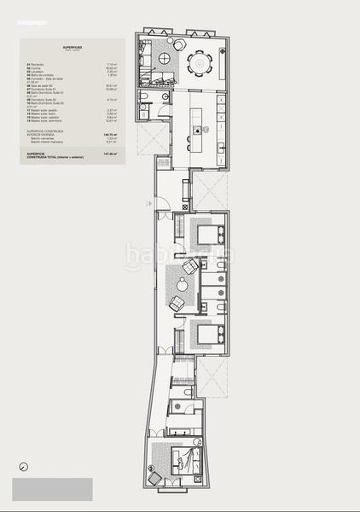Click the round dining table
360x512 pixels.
tap(201, 62)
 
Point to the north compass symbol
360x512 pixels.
tap(23, 467)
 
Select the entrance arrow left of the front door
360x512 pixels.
tap(148, 202)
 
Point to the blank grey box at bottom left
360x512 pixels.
tap(52, 489)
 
